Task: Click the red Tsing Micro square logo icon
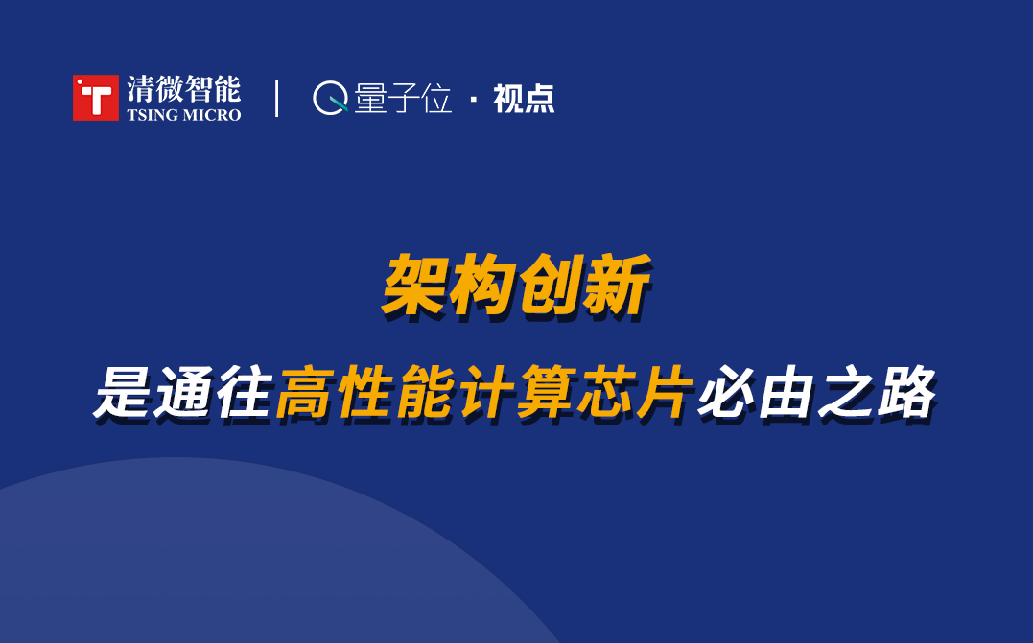pyautogui.click(x=96, y=98)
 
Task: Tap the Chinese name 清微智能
pyautogui.click(x=184, y=89)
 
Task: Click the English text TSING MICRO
pyautogui.click(x=184, y=115)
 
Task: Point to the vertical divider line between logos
pyautogui.click(x=276, y=99)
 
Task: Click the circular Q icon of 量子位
pyautogui.click(x=330, y=98)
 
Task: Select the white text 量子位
pyautogui.click(x=403, y=98)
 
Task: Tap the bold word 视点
pyautogui.click(x=524, y=99)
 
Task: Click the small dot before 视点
pyautogui.click(x=473, y=100)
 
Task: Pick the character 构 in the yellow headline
pyautogui.click(x=482, y=287)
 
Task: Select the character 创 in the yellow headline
pyautogui.click(x=551, y=287)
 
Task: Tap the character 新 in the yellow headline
pyautogui.click(x=618, y=287)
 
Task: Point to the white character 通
pyautogui.click(x=183, y=392)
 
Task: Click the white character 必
pyautogui.click(x=727, y=392)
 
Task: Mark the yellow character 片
pyautogui.click(x=667, y=392)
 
